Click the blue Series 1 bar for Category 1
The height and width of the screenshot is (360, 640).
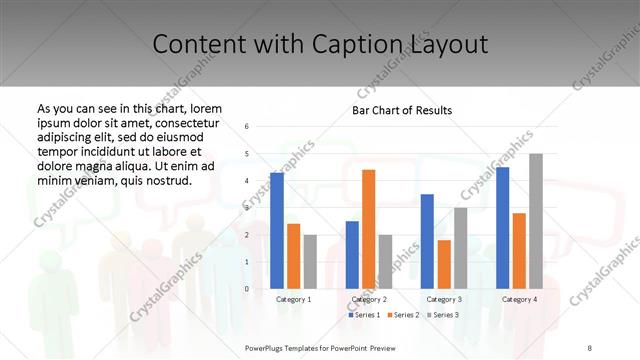click(x=277, y=230)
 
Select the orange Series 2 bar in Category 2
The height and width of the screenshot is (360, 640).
click(x=369, y=229)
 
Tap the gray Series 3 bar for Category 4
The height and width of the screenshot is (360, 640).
click(x=536, y=221)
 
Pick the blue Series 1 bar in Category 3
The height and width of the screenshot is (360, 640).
click(x=427, y=241)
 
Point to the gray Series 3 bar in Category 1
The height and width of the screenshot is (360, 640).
click(x=310, y=261)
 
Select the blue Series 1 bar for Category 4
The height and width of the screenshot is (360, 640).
click(x=502, y=227)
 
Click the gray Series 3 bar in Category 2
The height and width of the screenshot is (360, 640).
click(x=386, y=261)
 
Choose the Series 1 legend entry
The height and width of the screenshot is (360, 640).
click(x=365, y=315)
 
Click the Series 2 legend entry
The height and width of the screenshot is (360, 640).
click(x=403, y=315)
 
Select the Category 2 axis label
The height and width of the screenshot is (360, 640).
click(x=369, y=299)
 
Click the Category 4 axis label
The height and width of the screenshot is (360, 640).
click(x=519, y=299)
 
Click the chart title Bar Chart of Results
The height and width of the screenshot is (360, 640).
click(x=402, y=110)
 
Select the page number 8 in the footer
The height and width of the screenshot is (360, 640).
click(x=590, y=346)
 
